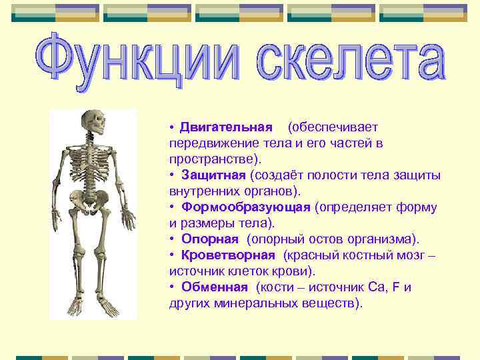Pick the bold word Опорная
pyautogui.click(x=209, y=239)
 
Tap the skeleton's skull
pyautogui.click(x=97, y=123)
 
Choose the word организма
pyautogui.click(x=384, y=239)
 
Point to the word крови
pyautogui.click(x=293, y=271)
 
